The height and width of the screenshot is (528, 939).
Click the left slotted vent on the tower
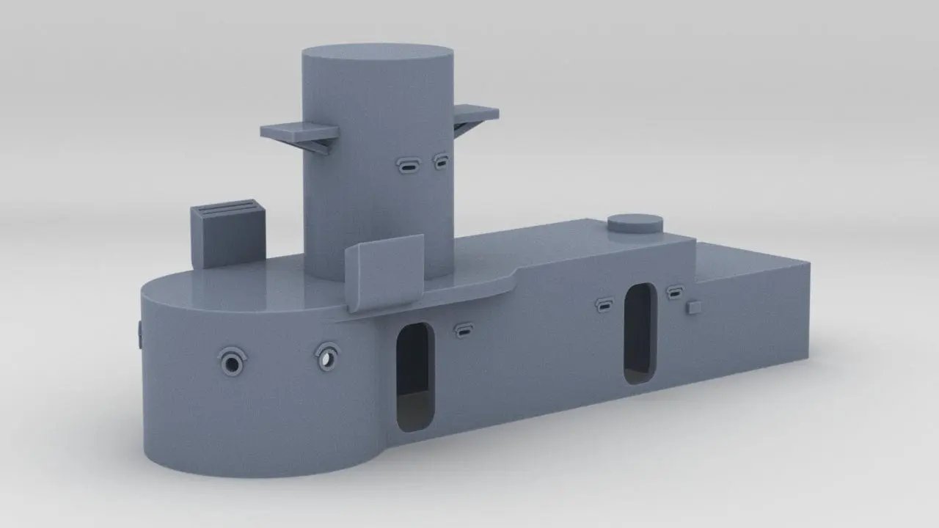coord(408,166)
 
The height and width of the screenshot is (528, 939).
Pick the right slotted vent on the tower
coord(441,161)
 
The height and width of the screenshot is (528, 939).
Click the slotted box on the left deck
coord(227,233)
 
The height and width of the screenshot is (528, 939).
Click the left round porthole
coord(233,362)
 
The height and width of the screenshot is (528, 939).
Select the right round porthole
coord(327,357)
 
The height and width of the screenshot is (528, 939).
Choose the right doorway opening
coord(639,333)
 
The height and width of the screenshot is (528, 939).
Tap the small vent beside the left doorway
coord(464,330)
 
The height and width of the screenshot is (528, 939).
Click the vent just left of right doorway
coord(604,305)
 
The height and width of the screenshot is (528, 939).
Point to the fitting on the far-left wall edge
coord(139,334)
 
